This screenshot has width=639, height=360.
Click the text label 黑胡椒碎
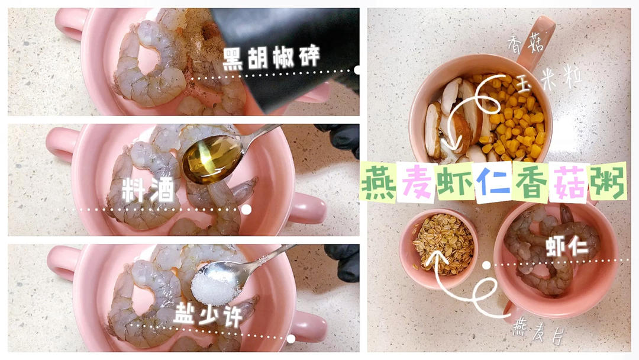[272, 58]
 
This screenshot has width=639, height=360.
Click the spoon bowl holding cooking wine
[212, 159]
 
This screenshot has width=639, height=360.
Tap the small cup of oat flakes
[438, 248]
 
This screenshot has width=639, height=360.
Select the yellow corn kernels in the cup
[514, 117]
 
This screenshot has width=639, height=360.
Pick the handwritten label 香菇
[526, 43]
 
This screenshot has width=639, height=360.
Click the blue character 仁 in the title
[493, 182]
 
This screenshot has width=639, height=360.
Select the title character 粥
[607, 182]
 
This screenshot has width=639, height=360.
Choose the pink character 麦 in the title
[417, 182]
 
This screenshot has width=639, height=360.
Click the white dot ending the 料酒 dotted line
[246, 210]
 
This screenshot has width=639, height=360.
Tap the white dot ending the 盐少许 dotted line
[291, 339]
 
